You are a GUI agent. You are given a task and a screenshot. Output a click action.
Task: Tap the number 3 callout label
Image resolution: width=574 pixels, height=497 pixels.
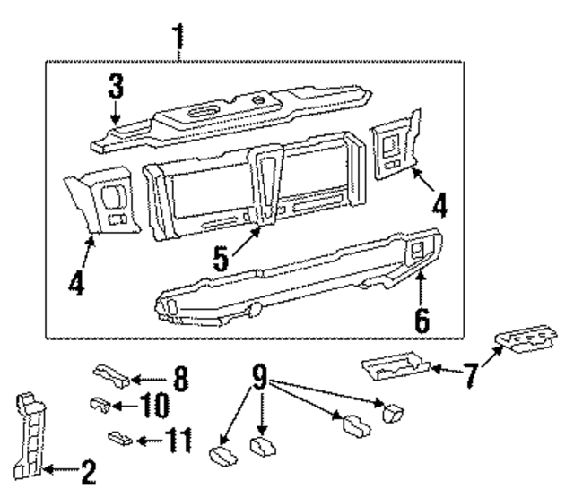pyautogui.click(x=116, y=88)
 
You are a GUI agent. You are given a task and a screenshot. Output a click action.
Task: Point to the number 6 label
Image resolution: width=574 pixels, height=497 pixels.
pyautogui.click(x=422, y=318)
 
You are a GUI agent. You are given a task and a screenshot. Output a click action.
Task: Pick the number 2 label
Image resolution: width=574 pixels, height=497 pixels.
pyautogui.click(x=87, y=468)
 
